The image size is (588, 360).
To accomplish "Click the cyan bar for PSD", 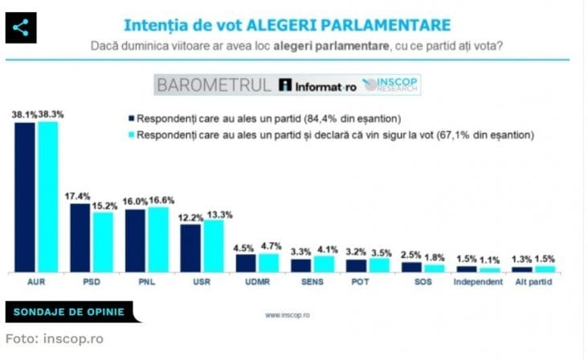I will pyautogui.click(x=103, y=242).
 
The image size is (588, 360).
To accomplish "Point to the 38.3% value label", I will pyautogui.click(x=50, y=115).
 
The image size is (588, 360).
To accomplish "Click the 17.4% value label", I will pyautogui.click(x=80, y=196).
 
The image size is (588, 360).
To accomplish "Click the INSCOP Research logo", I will pyautogui.click(x=391, y=84).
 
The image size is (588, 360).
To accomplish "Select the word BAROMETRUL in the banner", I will pyautogui.click(x=214, y=84).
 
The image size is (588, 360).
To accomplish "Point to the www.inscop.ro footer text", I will pyautogui.click(x=288, y=315).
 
